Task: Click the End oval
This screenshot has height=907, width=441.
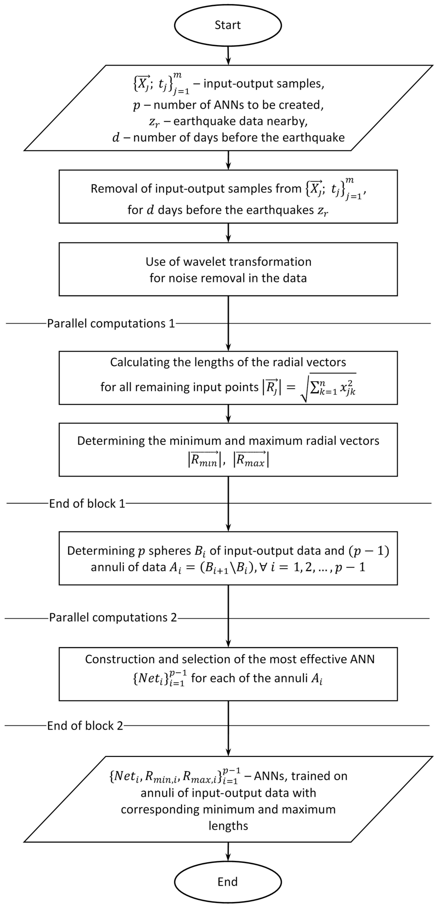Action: [228, 882]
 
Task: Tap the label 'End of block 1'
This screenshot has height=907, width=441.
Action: [87, 503]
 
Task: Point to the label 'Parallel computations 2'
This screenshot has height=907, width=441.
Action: [113, 618]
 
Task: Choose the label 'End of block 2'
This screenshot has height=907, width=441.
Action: [85, 726]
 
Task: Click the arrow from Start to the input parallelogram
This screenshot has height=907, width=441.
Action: [228, 55]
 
